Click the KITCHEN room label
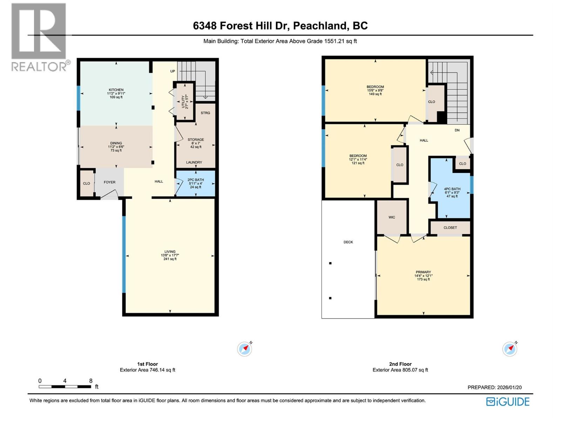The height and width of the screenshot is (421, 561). click(116, 90)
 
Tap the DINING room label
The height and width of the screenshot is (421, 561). click(116, 143)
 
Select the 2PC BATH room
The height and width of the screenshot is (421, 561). click(195, 183)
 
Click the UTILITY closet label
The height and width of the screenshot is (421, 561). click(187, 102)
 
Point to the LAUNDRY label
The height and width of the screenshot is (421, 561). click(194, 162)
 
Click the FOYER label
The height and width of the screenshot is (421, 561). click(109, 182)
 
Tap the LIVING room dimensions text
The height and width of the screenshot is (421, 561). click(170, 255)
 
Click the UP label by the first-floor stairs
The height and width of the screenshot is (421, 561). click(173, 71)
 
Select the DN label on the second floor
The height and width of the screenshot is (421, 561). click(457, 130)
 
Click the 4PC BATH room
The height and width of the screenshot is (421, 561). click(452, 192)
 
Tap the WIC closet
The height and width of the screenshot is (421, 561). click(392, 217)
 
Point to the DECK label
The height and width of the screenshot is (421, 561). click(348, 242)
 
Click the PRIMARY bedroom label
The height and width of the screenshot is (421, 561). click(423, 272)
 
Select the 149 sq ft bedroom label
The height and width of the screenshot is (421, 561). click(375, 90)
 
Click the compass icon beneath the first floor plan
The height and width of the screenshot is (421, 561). click(244, 349)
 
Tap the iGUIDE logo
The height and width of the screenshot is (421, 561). click(508, 401)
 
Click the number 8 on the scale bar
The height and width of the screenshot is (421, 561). click(91, 381)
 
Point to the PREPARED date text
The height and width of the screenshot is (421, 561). click(494, 387)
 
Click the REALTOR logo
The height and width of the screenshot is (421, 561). click(39, 37)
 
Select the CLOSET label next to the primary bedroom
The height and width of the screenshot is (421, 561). click(450, 228)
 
